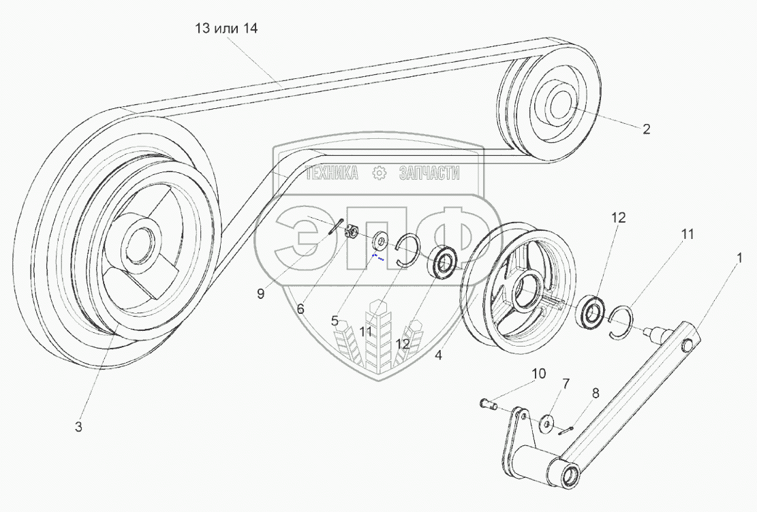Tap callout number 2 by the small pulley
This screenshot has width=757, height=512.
[x=646, y=129]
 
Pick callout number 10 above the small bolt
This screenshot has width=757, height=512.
[x=539, y=373]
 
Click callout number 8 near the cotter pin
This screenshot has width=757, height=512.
[x=596, y=393]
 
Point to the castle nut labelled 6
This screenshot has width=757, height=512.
[x=354, y=232]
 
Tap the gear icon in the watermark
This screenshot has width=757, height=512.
[x=380, y=174]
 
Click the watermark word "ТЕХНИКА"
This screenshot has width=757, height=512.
[x=332, y=174]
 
